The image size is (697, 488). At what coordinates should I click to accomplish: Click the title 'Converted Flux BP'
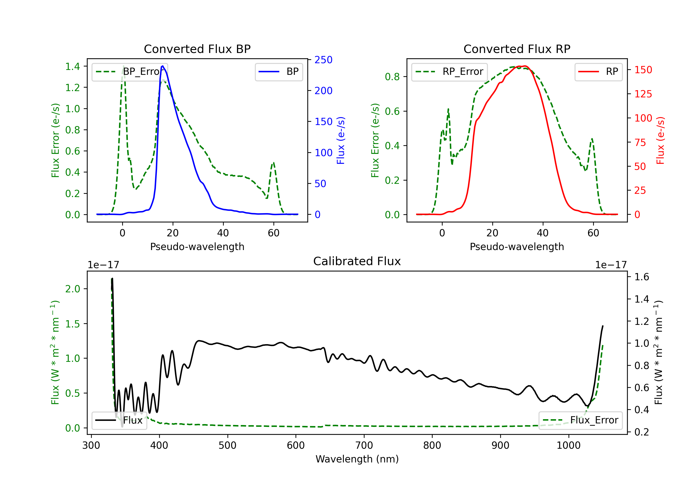197,49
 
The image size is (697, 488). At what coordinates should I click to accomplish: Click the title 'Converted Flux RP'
517,49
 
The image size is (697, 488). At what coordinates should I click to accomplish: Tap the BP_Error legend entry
130,72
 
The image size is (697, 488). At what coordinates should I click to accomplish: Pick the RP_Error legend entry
450,72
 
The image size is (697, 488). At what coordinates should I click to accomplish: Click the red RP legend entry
598,72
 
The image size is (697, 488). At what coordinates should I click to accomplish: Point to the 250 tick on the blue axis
323,60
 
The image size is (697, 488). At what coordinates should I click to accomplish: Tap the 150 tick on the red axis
643,70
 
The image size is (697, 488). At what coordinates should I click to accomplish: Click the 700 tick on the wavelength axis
364,445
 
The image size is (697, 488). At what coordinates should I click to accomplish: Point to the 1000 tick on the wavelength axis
569,445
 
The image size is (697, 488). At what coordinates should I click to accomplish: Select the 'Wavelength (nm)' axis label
357,459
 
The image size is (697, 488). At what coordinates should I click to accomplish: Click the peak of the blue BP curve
163,66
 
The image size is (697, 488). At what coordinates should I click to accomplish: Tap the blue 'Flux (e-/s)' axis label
341,140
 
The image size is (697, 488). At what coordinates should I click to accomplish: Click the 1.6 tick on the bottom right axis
642,277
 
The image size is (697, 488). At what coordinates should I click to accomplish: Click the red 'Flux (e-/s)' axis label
660,140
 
